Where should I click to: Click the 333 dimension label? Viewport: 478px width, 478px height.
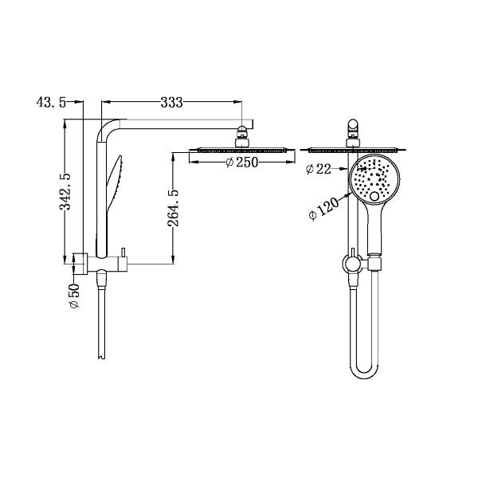pyautogui.click(x=172, y=102)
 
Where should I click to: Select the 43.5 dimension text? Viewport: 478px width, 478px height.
pyautogui.click(x=50, y=102)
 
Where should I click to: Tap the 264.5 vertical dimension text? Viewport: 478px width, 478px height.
pyautogui.click(x=173, y=206)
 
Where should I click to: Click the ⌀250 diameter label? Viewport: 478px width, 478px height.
pyautogui.click(x=241, y=163)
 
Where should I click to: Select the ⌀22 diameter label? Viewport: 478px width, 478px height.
pyautogui.click(x=320, y=168)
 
